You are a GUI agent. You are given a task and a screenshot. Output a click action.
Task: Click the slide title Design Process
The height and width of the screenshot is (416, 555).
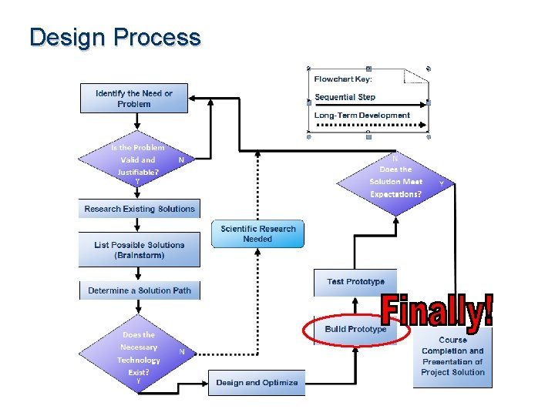[x=115, y=38]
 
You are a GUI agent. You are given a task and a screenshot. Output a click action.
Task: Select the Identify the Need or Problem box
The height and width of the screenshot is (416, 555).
[x=134, y=99]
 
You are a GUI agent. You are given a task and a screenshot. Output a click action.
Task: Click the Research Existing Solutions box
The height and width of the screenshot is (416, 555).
[x=140, y=209]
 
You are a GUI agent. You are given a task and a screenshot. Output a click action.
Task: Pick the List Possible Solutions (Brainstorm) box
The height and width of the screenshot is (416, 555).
[x=140, y=250]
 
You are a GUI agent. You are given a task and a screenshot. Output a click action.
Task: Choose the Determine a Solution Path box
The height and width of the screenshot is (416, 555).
[x=140, y=290]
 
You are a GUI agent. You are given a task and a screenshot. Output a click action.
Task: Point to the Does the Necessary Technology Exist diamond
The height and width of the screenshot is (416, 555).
[x=139, y=354]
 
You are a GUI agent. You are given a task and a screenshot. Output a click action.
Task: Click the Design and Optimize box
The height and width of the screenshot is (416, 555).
[x=257, y=382]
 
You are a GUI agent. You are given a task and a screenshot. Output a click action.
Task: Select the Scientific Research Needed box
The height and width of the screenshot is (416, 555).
[x=257, y=234]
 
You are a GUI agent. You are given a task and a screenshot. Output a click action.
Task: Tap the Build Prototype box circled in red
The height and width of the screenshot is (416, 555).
[x=355, y=330]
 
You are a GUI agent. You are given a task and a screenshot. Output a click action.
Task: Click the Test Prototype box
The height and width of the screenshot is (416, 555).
[x=355, y=282]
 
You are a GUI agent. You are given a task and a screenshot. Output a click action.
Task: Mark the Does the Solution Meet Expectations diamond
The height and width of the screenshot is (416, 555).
[x=395, y=182]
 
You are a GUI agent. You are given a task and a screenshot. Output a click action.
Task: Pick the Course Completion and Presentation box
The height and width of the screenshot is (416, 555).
[x=452, y=356]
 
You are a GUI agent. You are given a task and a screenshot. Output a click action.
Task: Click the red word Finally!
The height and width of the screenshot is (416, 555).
[x=437, y=311]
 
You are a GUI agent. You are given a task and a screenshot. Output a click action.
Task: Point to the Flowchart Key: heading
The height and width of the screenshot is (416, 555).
[x=343, y=79]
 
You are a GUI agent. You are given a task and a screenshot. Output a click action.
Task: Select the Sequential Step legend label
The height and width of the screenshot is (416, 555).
[x=345, y=97]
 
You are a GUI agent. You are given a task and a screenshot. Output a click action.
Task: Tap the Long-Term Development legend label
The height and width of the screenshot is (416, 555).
[x=362, y=116]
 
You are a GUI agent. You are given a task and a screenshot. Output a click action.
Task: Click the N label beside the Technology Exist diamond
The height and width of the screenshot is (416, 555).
[x=182, y=351]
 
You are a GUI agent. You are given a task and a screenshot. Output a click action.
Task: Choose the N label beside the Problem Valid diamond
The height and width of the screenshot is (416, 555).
[x=181, y=160]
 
